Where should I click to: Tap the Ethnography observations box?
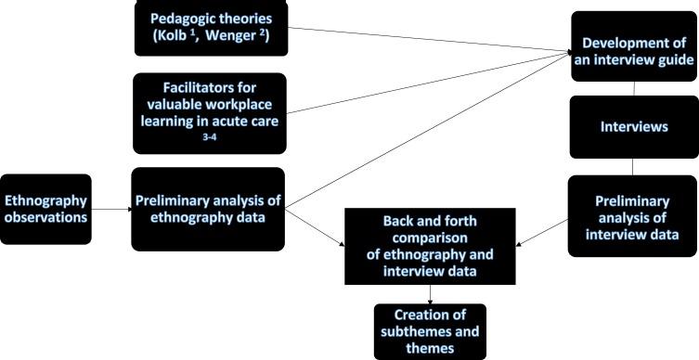[x=46, y=209]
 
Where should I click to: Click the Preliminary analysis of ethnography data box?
[x=207, y=209]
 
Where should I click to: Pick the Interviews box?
[x=633, y=126]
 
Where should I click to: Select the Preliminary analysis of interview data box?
[x=633, y=215]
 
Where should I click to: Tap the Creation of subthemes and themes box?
[x=430, y=331]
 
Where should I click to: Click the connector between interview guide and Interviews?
[x=634, y=88]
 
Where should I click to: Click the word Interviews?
[x=633, y=126]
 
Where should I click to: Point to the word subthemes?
[x=430, y=331]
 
